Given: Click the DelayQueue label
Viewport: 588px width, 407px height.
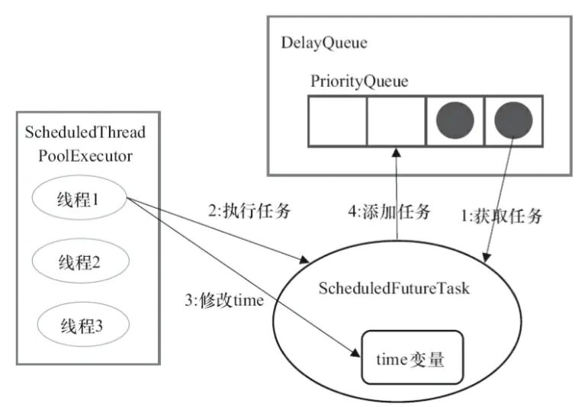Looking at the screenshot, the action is coord(324,43).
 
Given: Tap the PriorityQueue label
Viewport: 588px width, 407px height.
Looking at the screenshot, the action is coord(359,82).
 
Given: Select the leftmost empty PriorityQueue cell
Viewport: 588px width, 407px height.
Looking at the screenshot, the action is coord(337,121).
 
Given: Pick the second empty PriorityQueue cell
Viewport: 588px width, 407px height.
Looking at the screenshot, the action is coord(396,121).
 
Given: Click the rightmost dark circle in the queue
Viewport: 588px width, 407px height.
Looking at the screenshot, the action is coord(513,120).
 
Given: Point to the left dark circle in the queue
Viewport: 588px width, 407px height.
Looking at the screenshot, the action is coord(455,120).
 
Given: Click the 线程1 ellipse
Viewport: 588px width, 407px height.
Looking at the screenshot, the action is coord(79,198).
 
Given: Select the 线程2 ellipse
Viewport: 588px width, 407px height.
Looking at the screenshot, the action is coord(81,261).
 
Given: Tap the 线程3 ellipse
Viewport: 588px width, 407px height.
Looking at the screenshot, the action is coord(83,325).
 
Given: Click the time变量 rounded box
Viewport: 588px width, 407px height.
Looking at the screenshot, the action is coord(412,357).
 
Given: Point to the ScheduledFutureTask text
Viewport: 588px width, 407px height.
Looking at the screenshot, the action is coord(394,288).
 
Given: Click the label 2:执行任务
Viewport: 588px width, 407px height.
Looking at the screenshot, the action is coord(249,211).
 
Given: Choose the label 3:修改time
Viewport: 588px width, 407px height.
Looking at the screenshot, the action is coord(224,300).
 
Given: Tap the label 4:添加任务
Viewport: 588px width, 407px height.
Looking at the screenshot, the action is coord(389,212).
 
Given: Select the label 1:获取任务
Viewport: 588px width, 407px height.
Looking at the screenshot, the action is coord(501,216).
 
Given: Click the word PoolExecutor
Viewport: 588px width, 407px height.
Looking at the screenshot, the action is coord(85,156).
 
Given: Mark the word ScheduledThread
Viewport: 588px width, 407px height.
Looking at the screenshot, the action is coord(85,133).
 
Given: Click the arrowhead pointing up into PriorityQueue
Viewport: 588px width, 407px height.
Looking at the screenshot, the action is coord(397,152).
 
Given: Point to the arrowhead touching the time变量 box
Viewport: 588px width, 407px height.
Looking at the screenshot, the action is coord(355,353).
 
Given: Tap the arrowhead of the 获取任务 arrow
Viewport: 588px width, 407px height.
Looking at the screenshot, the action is coord(487,258).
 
